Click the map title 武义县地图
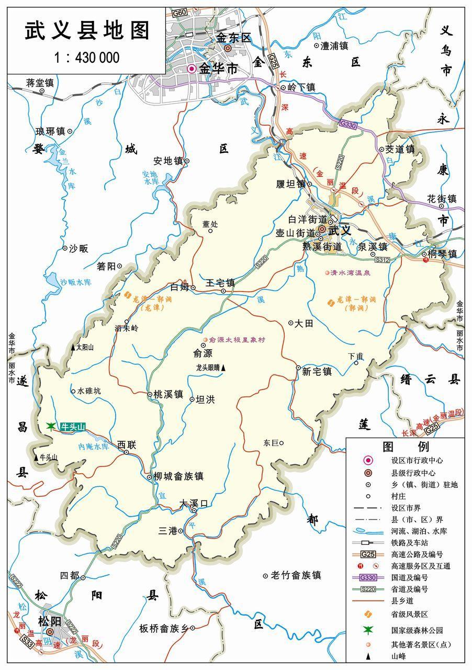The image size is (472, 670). point(87,30)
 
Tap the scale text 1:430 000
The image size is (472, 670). point(87,58)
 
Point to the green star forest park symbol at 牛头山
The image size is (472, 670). point(51,427)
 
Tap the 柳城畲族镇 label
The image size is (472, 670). point(177,476)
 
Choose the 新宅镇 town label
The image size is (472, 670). point(317,371)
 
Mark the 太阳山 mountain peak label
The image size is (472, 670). point(85,347)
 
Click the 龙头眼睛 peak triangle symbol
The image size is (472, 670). point(223,368)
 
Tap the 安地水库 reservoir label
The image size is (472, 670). point(150,177)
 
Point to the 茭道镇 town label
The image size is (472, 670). point(400,149)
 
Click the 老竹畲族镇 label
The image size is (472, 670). point(296,575)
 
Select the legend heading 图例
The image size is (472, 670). point(406,446)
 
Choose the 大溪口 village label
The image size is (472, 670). point(194,503)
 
